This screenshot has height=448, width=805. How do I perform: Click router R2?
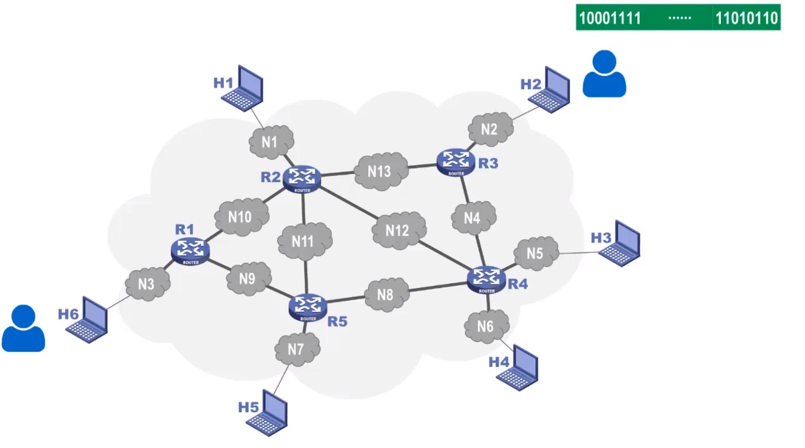pos(302,178)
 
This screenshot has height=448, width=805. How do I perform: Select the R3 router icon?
pos(456,161)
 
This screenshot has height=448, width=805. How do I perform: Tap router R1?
pos(190,250)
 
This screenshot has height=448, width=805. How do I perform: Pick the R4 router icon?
pos(486,279)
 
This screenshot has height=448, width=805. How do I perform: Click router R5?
pos(308,306)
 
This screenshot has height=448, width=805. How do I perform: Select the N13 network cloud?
pos(380,171)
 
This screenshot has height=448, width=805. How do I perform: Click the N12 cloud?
pos(398,231)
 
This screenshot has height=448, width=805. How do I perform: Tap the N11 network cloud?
pos(303,241)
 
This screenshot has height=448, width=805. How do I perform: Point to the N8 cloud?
pos(385,295)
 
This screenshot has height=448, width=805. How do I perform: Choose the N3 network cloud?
pos(146,284)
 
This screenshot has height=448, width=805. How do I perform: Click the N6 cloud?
pos(486,326)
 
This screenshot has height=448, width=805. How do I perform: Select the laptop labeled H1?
pos(244,89)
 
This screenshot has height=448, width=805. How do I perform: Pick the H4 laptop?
pos(519,368)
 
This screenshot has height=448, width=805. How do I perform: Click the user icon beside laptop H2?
pos(604,74)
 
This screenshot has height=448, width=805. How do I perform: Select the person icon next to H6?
pos(24,329)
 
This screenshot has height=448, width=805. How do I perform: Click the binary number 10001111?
pos(609,17)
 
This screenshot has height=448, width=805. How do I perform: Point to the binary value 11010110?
pos(746,17)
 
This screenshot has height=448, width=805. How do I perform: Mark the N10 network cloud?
pos(241,217)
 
